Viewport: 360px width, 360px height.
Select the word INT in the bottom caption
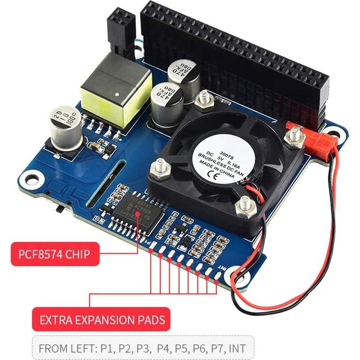pyautogui.click(x=236, y=349)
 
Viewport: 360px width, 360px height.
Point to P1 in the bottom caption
pyautogui.click(x=107, y=349)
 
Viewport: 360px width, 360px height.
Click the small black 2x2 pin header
pyautogui.click(x=121, y=29)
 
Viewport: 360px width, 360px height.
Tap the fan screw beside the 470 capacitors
pyautogui.click(x=203, y=99)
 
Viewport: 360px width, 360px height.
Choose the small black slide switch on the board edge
pyautogui.click(x=59, y=207)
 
